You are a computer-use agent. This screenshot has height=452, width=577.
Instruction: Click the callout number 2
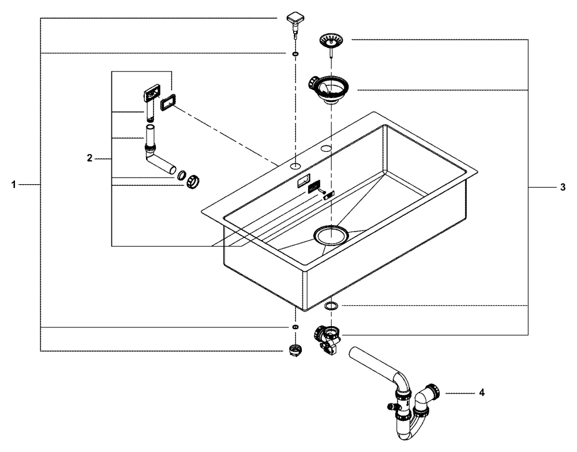[89, 158]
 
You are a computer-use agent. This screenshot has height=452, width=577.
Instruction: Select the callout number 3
[563, 188]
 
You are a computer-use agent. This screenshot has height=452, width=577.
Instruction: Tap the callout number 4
[482, 393]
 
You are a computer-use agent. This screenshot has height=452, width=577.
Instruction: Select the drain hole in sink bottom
[330, 235]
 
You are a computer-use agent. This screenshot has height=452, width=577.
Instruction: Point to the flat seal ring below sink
[331, 305]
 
